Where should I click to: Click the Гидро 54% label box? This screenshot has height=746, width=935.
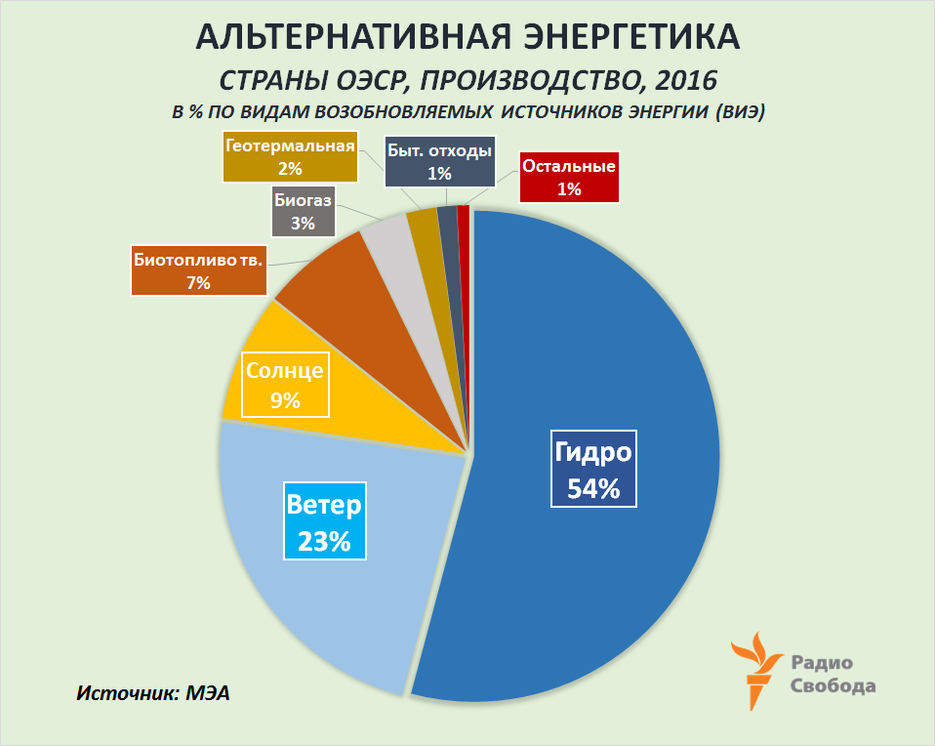tap(593, 469)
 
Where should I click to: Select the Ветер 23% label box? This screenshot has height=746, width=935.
tap(324, 520)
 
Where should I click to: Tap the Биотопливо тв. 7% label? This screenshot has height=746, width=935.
tap(198, 270)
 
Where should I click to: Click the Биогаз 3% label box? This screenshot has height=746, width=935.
tap(302, 211)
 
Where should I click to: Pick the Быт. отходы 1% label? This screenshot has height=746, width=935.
tap(439, 161)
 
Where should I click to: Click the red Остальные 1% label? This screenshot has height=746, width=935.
tap(569, 177)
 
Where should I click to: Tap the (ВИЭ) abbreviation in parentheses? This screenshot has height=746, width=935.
tap(740, 111)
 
